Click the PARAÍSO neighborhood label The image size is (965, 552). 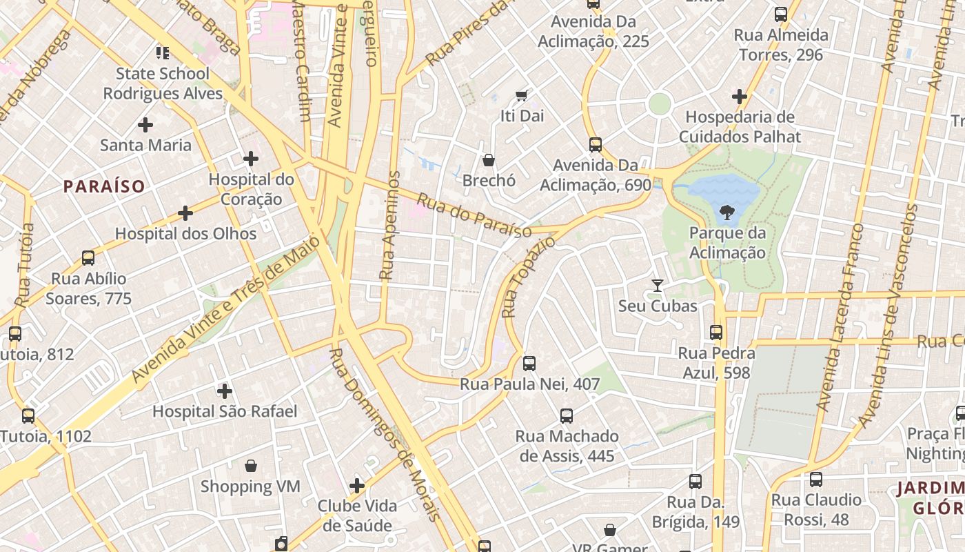[x=104, y=186]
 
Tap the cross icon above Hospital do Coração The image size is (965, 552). [x=251, y=159]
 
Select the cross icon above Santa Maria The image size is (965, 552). [x=145, y=125]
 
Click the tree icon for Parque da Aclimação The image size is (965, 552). [x=727, y=213]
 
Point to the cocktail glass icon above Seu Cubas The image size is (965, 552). [x=658, y=286]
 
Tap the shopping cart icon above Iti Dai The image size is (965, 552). [x=522, y=95]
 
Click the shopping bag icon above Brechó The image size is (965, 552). [x=489, y=160]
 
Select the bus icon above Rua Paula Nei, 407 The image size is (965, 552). [x=529, y=364]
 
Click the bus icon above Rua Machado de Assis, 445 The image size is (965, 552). [x=567, y=416]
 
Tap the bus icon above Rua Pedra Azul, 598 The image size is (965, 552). [x=716, y=333]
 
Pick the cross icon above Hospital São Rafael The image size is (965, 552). [x=225, y=391]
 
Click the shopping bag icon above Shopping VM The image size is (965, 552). [x=251, y=466]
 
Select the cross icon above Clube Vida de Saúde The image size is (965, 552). [x=357, y=486]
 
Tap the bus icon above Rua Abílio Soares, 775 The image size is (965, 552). [x=88, y=258]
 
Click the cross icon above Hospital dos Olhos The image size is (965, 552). [x=185, y=213]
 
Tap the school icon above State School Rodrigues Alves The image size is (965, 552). [x=163, y=52]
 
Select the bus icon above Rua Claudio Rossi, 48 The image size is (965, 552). [x=816, y=479]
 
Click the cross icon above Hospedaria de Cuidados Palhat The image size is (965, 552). [x=740, y=97]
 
